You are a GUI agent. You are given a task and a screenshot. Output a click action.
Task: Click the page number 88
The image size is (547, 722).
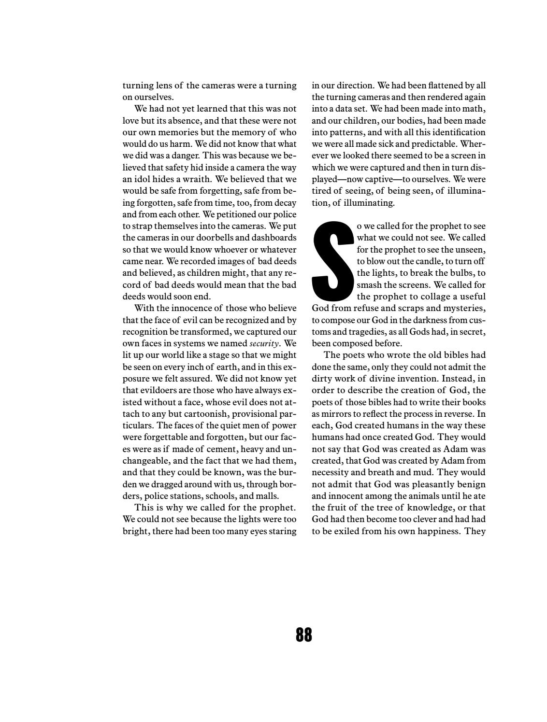303,634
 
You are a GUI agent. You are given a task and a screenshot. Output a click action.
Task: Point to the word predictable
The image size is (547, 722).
433,144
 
